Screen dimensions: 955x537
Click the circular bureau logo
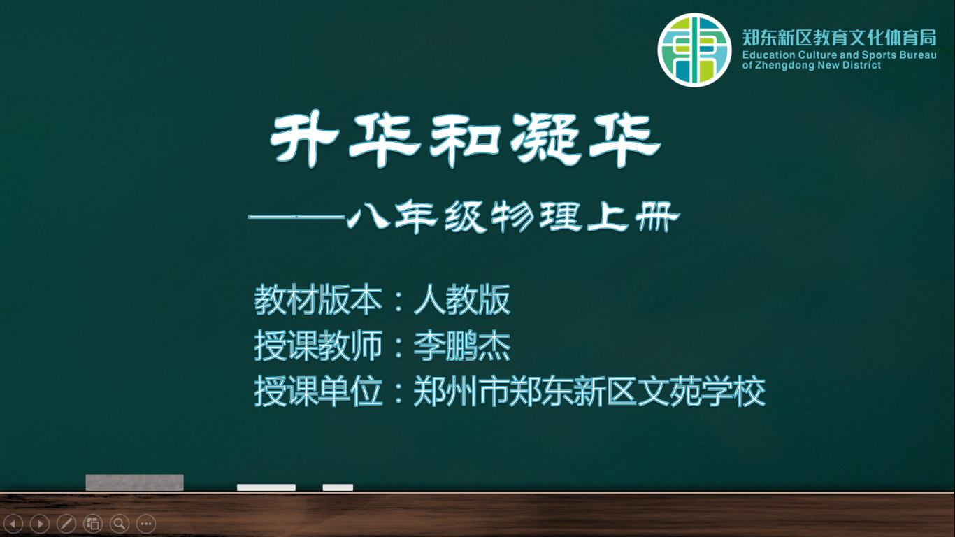tap(694, 50)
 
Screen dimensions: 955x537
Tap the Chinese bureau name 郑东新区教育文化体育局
tap(840, 38)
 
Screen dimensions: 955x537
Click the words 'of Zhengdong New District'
tap(811, 65)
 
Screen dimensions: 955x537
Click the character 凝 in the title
tap(546, 139)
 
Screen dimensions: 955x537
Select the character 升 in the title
tap(304, 139)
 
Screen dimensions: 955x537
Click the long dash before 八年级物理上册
tap(296, 217)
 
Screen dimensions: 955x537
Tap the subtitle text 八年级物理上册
tap(514, 217)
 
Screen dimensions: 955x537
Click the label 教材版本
tap(318, 300)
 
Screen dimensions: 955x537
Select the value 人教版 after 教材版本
tap(461, 300)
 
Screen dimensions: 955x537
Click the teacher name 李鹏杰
tap(461, 345)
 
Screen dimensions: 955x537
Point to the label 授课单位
tap(318, 391)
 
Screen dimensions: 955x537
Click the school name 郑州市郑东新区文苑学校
tap(589, 391)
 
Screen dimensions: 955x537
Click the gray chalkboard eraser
tap(135, 482)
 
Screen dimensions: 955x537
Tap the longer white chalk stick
tap(266, 487)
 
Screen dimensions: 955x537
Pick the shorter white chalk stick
tap(338, 487)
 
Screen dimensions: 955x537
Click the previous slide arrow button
tap(13, 524)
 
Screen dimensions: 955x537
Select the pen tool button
tap(66, 524)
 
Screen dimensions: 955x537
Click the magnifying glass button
tap(120, 524)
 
